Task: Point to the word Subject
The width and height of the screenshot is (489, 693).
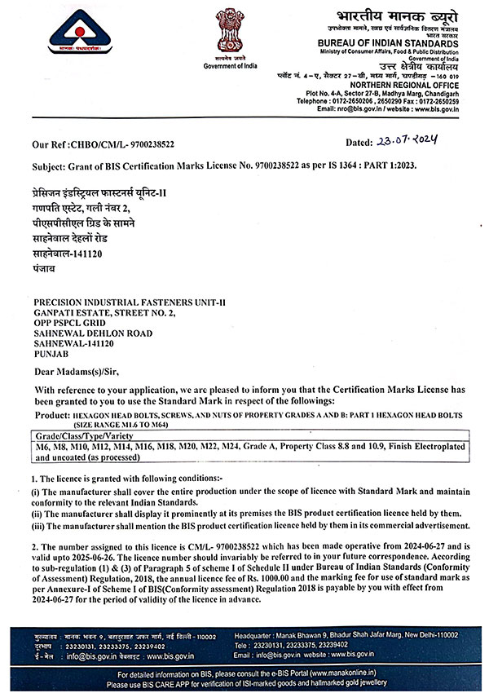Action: point(51,165)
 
